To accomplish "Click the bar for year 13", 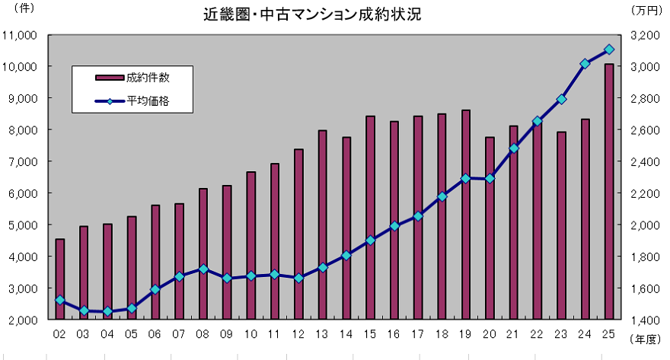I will click(x=322, y=225).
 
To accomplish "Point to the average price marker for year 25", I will click(x=609, y=49).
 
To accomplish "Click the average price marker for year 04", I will click(x=107, y=311).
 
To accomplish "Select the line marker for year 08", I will click(x=203, y=269).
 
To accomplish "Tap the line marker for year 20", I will click(x=490, y=179).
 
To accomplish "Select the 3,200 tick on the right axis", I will click(x=645, y=35).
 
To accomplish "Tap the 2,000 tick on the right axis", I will click(x=645, y=225).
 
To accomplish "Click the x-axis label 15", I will click(x=370, y=333).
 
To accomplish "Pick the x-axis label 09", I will click(x=227, y=333).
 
